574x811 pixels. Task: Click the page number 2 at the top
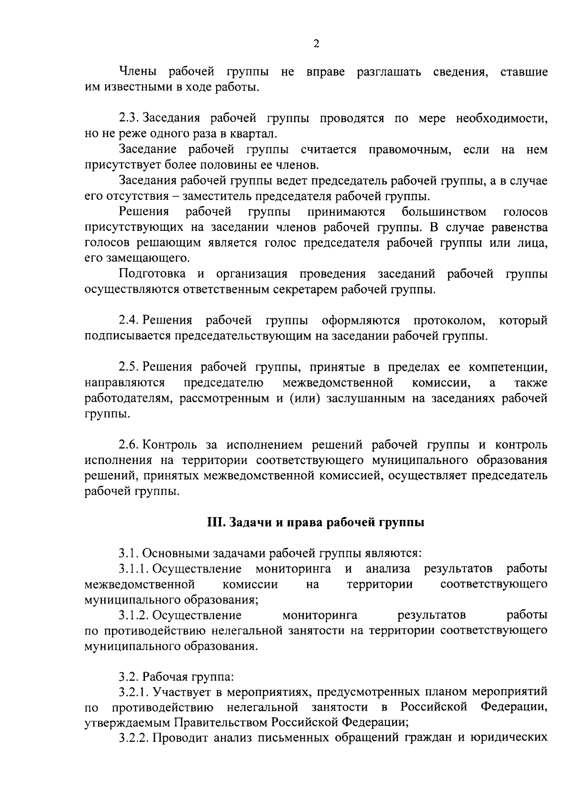point(316,44)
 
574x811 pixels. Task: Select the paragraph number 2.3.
point(129,118)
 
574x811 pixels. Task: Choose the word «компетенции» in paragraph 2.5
point(508,367)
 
